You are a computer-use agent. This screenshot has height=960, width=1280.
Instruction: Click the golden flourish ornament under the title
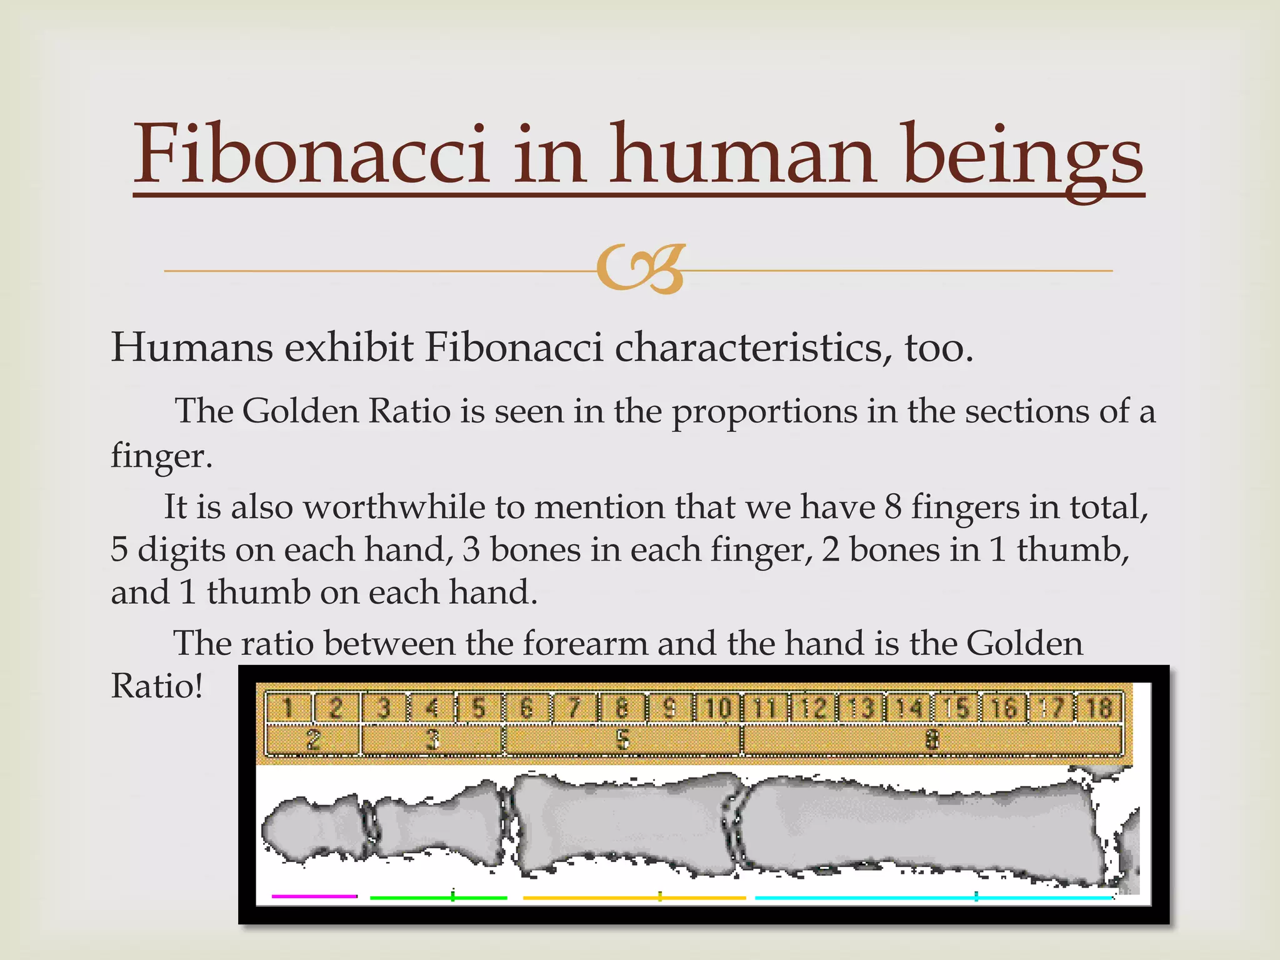click(x=641, y=269)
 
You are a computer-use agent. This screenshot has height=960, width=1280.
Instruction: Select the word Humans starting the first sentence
click(x=192, y=347)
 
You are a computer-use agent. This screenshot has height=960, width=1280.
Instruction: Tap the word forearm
click(x=585, y=643)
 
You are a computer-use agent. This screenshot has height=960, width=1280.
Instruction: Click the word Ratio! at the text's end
click(x=157, y=686)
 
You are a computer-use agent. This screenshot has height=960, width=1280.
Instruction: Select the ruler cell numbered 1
click(x=287, y=708)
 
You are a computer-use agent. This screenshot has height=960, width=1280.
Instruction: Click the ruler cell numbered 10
click(x=717, y=708)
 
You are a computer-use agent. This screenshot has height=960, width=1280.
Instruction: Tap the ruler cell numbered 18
click(x=1099, y=708)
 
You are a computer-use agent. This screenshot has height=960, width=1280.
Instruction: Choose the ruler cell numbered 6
click(x=526, y=708)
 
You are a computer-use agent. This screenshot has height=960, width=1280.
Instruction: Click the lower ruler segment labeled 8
click(x=932, y=740)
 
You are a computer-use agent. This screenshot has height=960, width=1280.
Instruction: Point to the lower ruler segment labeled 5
click(x=622, y=740)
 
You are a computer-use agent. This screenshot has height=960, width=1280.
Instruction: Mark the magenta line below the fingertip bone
click(x=314, y=896)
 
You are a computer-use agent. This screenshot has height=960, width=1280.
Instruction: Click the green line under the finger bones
click(x=438, y=897)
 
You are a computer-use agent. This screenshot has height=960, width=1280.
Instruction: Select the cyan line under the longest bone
click(x=934, y=897)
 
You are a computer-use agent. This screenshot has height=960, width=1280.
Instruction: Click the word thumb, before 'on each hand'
click(x=258, y=592)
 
